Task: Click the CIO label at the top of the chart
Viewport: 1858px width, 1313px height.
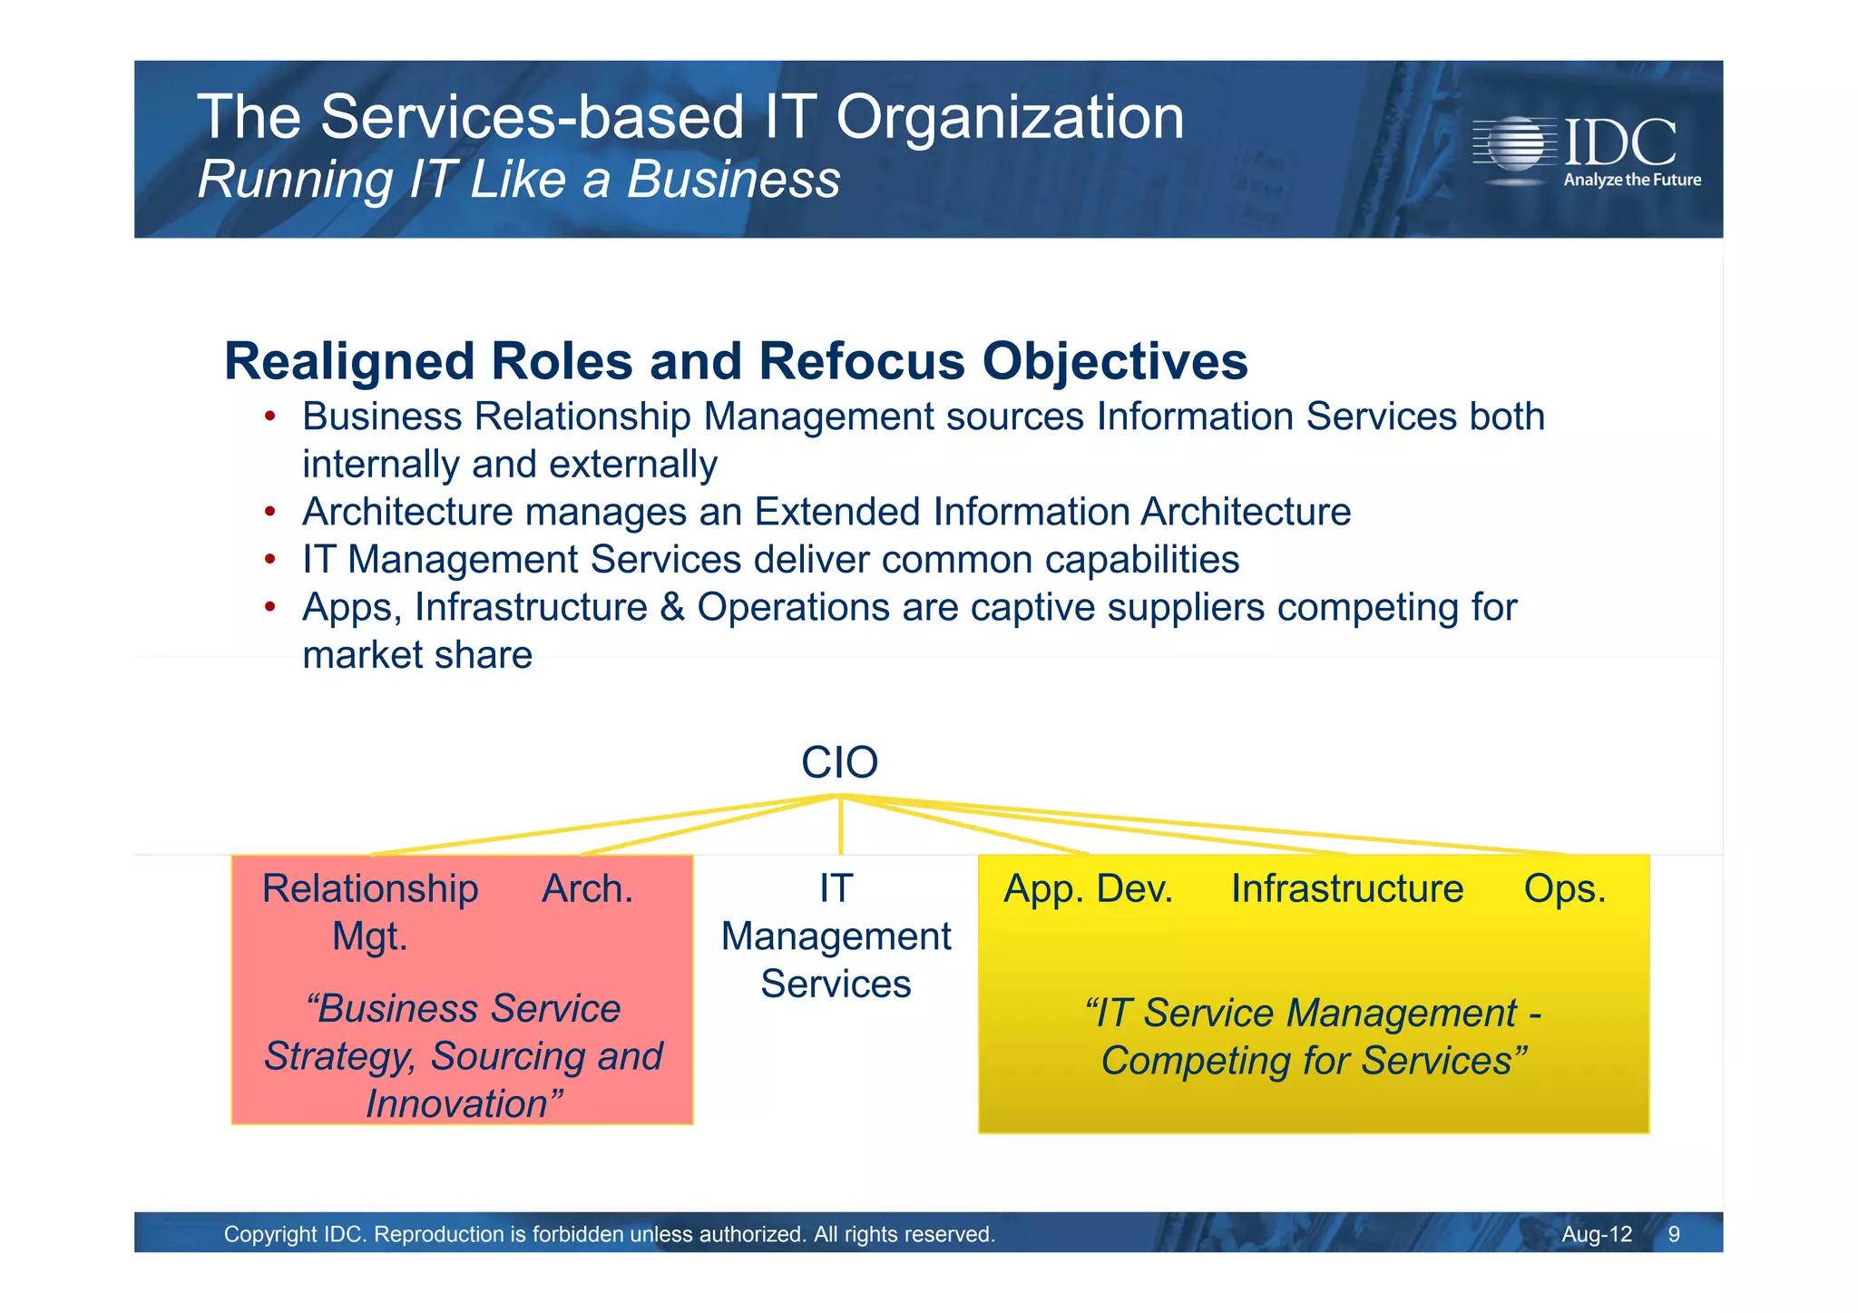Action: click(x=839, y=762)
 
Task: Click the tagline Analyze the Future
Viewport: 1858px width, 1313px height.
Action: click(x=1631, y=180)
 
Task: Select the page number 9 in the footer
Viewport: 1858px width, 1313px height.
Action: click(x=1674, y=1234)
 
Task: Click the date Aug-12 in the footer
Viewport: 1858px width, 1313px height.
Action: click(x=1596, y=1234)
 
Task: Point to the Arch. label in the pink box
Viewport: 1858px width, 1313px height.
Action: click(x=587, y=888)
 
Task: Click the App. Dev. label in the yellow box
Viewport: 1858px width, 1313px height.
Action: click(x=1088, y=888)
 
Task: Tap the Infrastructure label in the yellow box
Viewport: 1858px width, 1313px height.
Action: click(x=1346, y=888)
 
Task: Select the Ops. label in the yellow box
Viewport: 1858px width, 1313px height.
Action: click(x=1564, y=888)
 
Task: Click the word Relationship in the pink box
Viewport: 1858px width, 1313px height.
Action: click(x=370, y=888)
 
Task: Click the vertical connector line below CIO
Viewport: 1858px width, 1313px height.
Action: click(x=840, y=826)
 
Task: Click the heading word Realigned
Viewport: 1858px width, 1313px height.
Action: click(x=349, y=361)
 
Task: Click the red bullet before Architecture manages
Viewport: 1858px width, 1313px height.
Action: click(x=269, y=512)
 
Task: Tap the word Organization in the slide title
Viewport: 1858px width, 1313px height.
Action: click(x=1009, y=117)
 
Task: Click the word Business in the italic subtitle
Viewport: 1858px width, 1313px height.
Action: click(x=733, y=179)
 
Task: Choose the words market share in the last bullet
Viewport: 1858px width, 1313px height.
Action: click(x=416, y=654)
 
